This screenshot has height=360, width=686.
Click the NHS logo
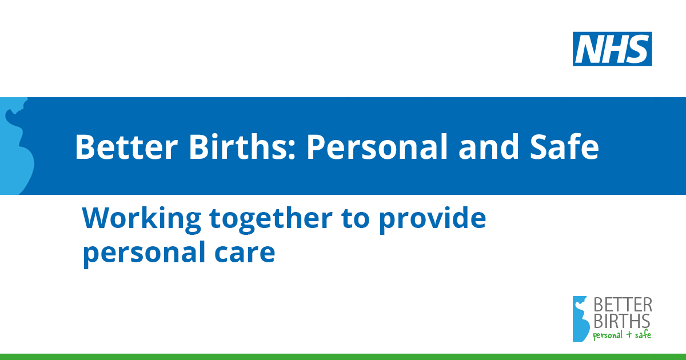tap(612, 49)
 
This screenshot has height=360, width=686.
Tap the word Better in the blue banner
tap(126, 147)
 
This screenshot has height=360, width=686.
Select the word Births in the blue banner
tap(238, 147)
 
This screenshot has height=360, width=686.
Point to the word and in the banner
tap(488, 147)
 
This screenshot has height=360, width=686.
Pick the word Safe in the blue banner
tap(564, 147)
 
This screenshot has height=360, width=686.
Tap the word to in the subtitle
tap(355, 219)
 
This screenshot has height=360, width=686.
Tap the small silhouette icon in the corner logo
tap(581, 319)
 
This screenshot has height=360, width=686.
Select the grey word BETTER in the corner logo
tap(623, 305)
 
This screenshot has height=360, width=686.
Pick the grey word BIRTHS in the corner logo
tap(622, 321)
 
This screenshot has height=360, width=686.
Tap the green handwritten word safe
tap(643, 334)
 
